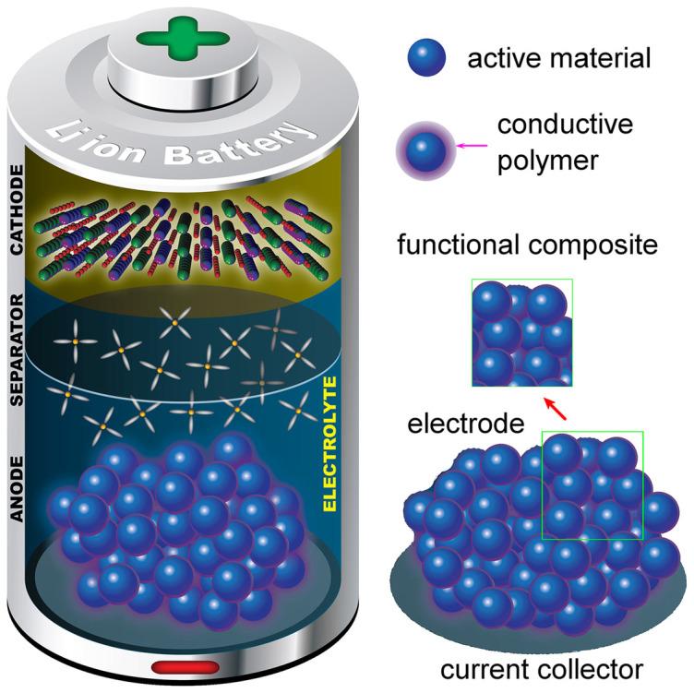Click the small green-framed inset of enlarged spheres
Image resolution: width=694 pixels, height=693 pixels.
pos(521,331)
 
